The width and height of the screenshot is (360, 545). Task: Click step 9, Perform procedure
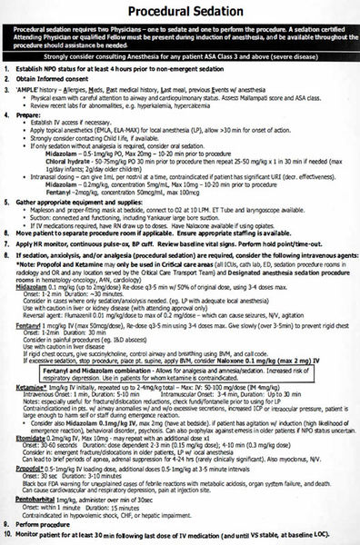55,524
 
